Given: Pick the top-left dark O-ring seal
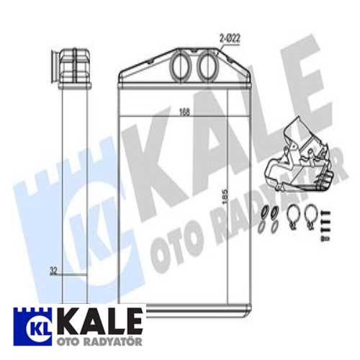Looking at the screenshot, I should (264, 212).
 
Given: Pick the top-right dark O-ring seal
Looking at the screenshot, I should (275, 212).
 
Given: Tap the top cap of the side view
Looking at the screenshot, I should (72, 64).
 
